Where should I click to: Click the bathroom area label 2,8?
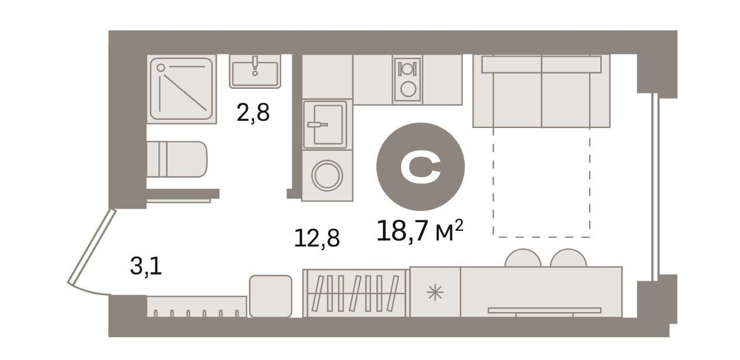point(253,113)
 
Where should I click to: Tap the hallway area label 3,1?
point(146,266)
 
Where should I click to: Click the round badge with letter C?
point(420,167)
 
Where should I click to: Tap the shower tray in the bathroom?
point(181,89)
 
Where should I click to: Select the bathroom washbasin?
point(255,71)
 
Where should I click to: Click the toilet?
point(177,159)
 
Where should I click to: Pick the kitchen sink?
point(325,124)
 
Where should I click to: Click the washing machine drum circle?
point(327,176)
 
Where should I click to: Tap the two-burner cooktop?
point(407,80)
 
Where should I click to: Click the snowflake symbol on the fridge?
point(435,292)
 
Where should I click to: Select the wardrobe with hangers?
point(356,293)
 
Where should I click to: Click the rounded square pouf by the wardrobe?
point(271,296)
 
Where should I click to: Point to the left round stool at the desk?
point(523,258)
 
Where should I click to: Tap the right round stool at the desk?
point(568,258)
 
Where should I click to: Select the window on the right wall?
point(655,187)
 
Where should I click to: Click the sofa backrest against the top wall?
point(541,64)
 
